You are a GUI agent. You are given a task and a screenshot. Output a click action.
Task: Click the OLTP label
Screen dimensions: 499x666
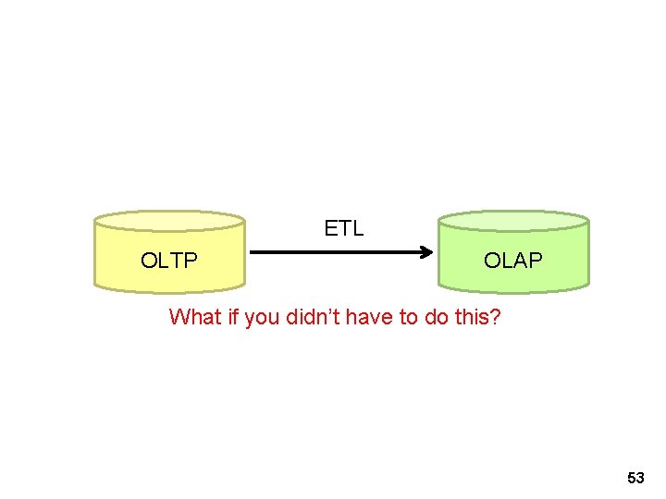point(169,261)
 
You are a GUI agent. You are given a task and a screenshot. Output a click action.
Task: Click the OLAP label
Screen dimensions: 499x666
point(513,261)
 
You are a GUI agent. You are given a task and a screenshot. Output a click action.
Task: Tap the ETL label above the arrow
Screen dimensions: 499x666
point(344,228)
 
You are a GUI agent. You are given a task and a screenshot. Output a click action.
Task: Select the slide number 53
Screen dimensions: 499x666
point(635,478)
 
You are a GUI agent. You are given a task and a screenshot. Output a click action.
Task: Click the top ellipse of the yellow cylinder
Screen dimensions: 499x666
point(169,220)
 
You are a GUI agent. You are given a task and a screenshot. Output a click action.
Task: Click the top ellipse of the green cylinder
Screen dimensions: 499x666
point(513,220)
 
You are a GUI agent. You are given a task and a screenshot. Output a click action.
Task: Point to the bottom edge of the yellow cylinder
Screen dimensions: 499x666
point(169,290)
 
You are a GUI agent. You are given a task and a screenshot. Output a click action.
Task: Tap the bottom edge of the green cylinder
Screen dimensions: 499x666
point(513,290)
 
